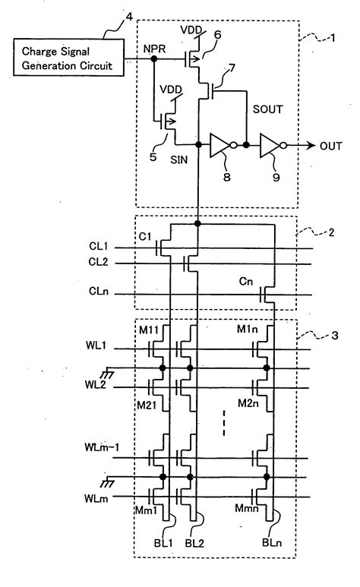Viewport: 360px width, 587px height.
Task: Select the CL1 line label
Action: click(x=99, y=246)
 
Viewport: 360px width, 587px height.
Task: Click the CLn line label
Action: click(x=99, y=290)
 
